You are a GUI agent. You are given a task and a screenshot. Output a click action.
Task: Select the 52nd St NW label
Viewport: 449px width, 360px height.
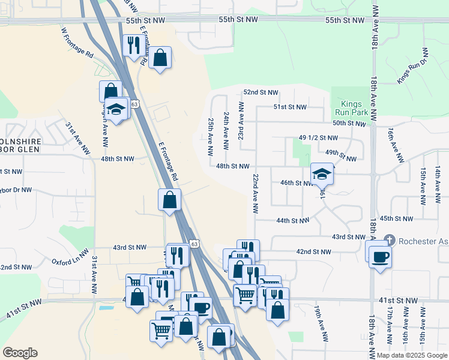pyautogui.click(x=261, y=92)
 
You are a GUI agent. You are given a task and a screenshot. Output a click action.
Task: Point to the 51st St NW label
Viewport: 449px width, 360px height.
pyautogui.click(x=290, y=107)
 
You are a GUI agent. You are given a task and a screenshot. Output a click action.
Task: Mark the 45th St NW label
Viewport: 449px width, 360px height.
pyautogui.click(x=396, y=219)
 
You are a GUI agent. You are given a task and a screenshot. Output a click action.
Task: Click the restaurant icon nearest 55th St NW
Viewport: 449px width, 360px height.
pyautogui.click(x=132, y=46)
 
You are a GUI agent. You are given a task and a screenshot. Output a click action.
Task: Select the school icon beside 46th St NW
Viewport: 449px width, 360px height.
pyautogui.click(x=322, y=175)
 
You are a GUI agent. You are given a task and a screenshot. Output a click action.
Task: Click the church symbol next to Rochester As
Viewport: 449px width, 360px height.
pyautogui.click(x=390, y=240)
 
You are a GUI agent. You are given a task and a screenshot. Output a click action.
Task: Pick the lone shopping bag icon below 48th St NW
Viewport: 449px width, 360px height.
pyautogui.click(x=170, y=200)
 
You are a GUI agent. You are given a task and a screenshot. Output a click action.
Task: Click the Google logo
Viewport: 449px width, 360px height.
pyautogui.click(x=19, y=353)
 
